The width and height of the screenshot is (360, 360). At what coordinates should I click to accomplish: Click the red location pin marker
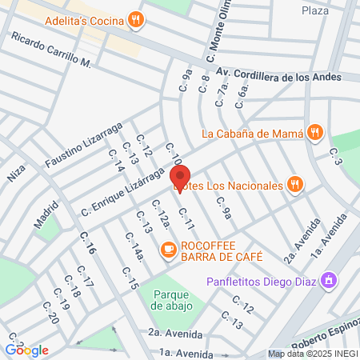pos(180,178)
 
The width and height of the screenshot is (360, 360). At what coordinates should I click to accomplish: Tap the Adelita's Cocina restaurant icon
pos(138,20)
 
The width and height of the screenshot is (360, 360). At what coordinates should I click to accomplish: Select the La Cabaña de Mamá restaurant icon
pos(316,133)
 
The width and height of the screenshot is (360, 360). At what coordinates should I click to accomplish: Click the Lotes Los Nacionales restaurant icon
pos(295,186)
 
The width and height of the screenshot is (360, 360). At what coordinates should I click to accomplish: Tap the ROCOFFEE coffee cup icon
pos(168,250)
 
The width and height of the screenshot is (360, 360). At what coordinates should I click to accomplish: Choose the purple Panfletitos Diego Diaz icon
pos(327,281)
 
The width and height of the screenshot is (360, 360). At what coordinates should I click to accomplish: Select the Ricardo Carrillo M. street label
pos(53,50)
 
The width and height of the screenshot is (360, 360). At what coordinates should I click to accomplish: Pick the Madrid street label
pos(46,215)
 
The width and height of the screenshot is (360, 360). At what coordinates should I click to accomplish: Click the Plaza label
pos(315,10)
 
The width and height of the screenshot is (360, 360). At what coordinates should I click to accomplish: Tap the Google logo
pos(27,350)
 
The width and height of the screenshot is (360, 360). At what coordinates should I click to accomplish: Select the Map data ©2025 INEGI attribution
pos(312,354)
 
